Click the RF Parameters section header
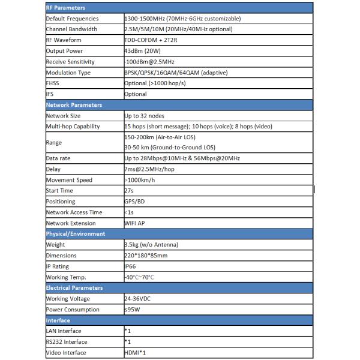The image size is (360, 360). [x=66, y=8]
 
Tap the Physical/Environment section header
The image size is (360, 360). [x=76, y=234]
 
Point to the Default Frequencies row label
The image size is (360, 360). [x=73, y=19]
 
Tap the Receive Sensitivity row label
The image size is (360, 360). [x=72, y=62]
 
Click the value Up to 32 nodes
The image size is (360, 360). [x=147, y=116]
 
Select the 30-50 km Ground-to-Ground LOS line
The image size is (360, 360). [x=170, y=148]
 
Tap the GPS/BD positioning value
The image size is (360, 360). [x=134, y=202]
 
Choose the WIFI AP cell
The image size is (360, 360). [x=135, y=223]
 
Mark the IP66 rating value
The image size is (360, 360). [x=130, y=266]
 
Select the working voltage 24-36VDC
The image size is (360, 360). [x=139, y=299]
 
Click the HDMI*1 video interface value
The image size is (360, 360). [x=135, y=353]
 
